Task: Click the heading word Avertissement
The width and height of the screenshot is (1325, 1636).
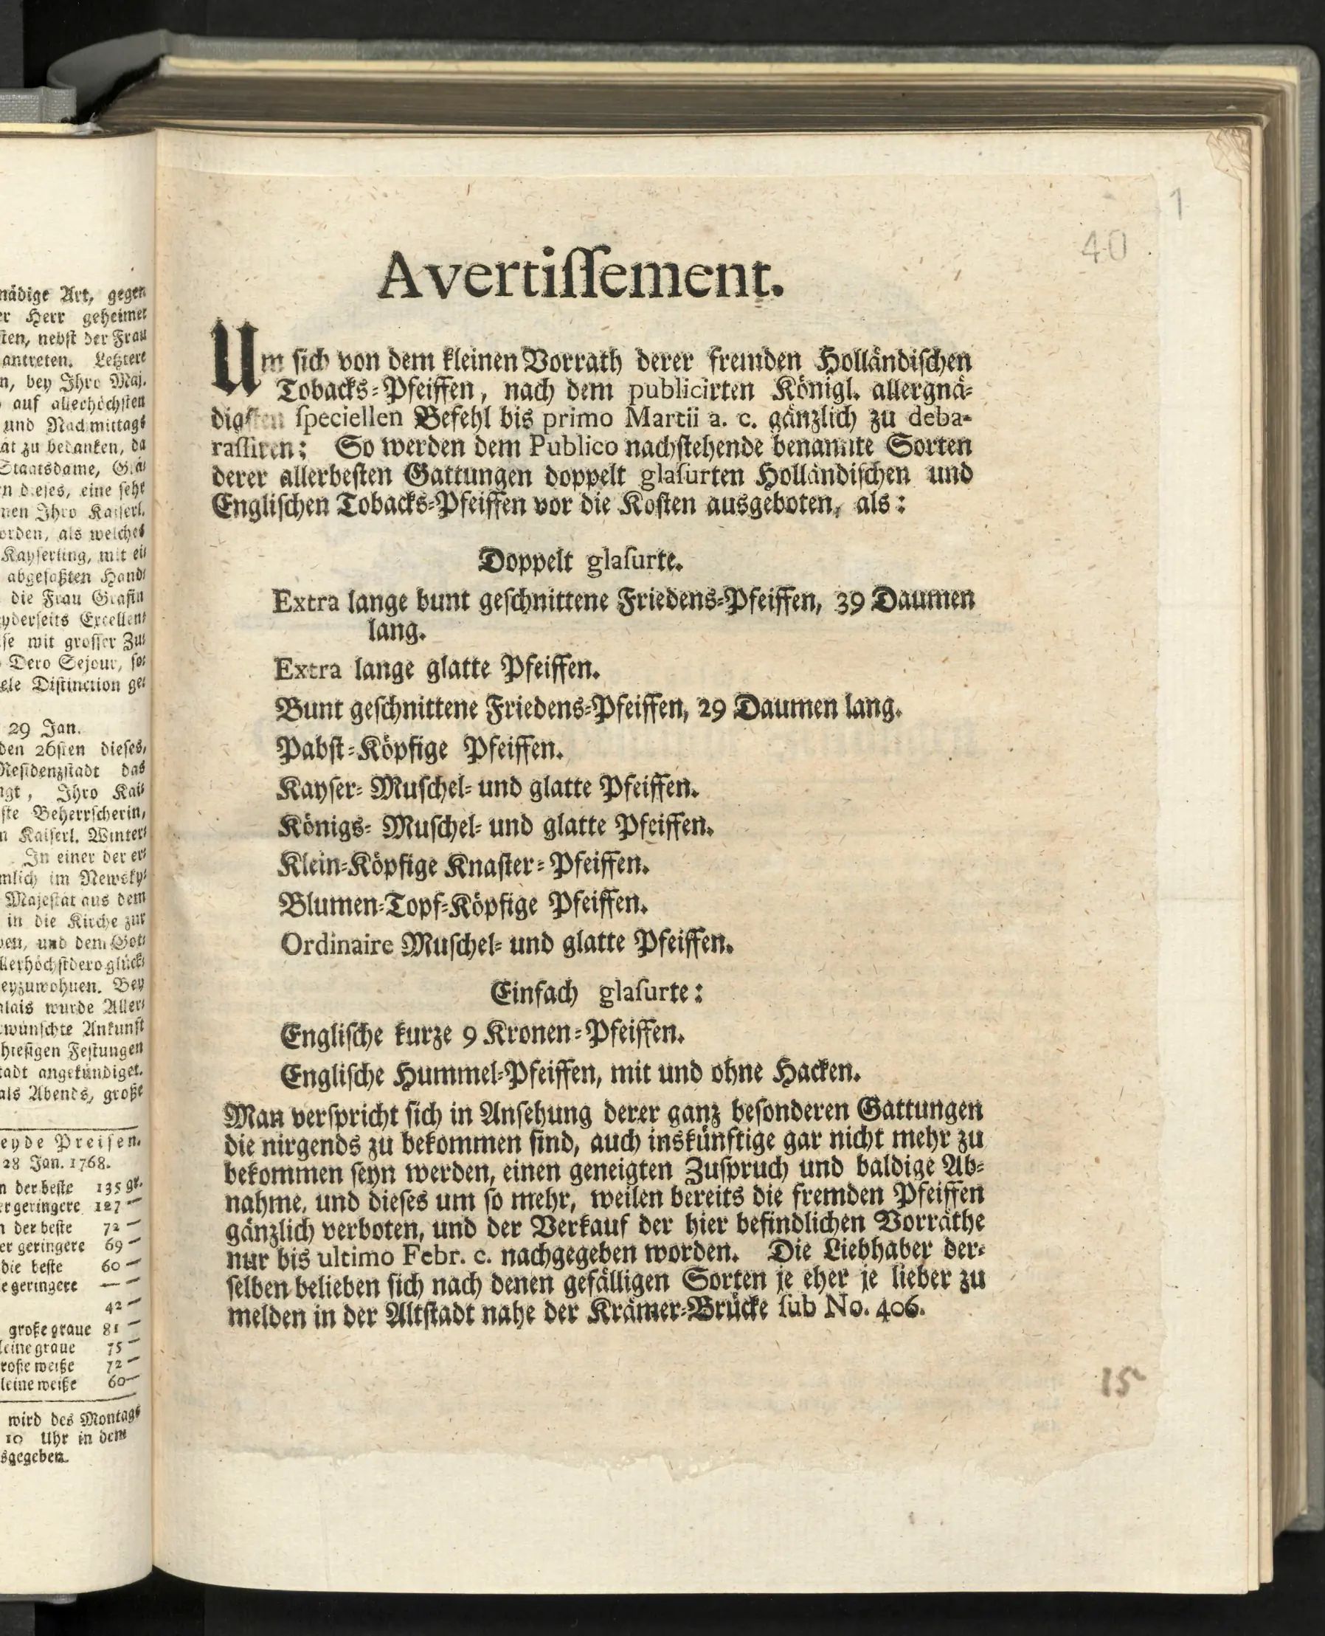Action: tap(580, 277)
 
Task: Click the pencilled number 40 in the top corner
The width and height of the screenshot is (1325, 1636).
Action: tap(1104, 248)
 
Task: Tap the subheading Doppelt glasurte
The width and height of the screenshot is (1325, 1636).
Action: tap(580, 562)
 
